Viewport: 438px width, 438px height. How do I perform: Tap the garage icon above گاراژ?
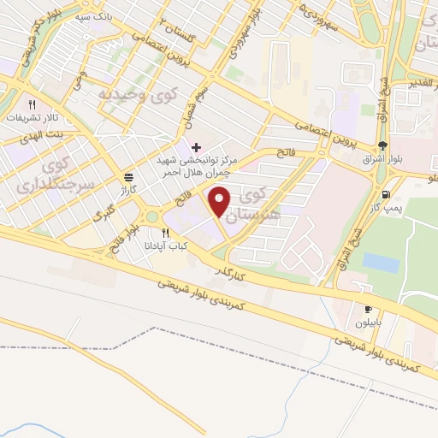click(128, 177)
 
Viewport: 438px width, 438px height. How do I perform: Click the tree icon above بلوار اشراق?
click(382, 146)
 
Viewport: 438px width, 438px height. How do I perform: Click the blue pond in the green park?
click(381, 263)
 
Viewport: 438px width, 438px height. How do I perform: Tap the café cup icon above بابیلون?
click(368, 310)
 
